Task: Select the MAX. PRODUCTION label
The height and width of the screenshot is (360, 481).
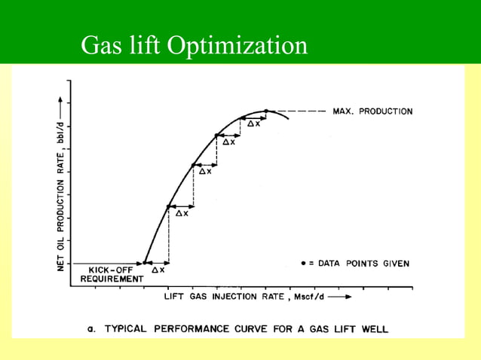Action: click(x=372, y=111)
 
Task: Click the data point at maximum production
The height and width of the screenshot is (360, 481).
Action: click(x=266, y=111)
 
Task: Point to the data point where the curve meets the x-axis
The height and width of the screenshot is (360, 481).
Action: click(x=145, y=264)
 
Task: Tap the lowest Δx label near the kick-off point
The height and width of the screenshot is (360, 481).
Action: click(x=158, y=270)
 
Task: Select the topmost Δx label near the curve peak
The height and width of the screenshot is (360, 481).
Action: click(x=254, y=124)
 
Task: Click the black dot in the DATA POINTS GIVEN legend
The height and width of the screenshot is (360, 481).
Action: click(x=303, y=264)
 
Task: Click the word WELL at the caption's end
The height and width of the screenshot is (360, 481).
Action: click(x=375, y=329)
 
